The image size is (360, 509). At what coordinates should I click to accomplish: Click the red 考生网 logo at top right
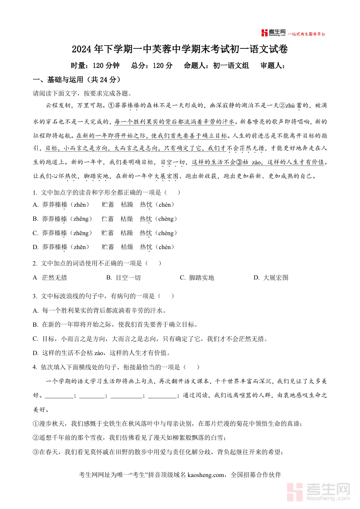coord(273,33)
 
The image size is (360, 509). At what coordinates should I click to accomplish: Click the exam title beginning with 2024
coord(180,50)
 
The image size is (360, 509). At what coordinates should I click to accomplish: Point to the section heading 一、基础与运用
coord(76,80)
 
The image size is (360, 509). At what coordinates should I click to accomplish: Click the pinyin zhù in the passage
coord(290,106)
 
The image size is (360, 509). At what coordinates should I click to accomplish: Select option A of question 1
coord(104,205)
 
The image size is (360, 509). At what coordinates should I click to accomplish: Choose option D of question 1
coord(104,247)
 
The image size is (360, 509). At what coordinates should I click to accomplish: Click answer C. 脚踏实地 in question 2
coord(197,277)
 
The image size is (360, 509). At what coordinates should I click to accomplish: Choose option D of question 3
coord(102,353)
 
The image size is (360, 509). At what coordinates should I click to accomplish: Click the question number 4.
coord(35,367)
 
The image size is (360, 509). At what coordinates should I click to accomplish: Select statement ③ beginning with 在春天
coord(158,452)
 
